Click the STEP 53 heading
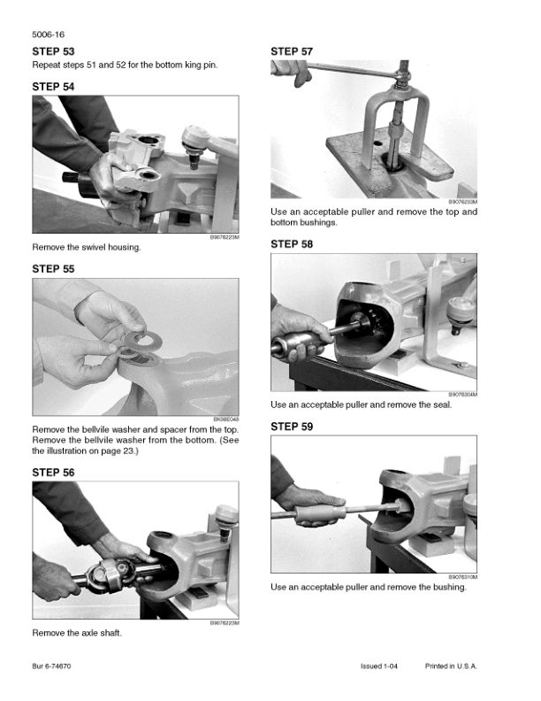[53, 51]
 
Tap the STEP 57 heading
[292, 51]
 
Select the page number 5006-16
[49, 35]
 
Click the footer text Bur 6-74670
[51, 666]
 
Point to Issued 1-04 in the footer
[379, 666]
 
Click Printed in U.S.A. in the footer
[451, 666]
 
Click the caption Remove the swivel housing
[87, 247]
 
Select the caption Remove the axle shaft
[77, 633]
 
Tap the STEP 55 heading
[53, 269]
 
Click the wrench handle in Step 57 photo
[353, 70]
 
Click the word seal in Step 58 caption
[442, 405]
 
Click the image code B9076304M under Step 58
[463, 395]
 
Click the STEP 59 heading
[292, 427]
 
